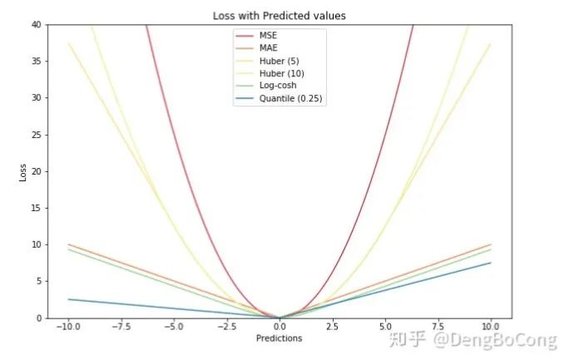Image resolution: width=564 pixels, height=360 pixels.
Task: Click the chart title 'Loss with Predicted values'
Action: coord(279,15)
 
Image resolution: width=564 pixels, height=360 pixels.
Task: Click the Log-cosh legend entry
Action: coord(277,86)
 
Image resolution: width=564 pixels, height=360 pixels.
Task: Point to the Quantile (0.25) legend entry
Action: coord(290,99)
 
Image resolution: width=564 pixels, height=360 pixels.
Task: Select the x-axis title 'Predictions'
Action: coord(279,338)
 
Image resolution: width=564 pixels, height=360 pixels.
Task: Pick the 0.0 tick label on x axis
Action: coord(279,327)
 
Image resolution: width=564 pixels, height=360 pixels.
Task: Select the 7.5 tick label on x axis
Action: coord(438,327)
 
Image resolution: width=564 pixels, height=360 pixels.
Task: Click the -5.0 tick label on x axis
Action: coord(173,327)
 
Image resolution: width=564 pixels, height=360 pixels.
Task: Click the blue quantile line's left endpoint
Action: coord(68,299)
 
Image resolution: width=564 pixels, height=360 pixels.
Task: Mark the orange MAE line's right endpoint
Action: coord(491,244)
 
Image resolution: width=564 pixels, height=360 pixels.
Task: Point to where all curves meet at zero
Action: coord(280,318)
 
